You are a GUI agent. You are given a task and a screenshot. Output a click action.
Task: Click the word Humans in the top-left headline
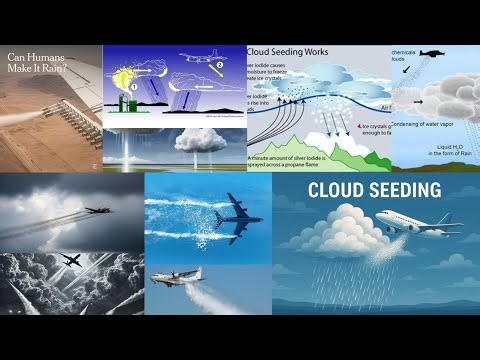tap(57, 56)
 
